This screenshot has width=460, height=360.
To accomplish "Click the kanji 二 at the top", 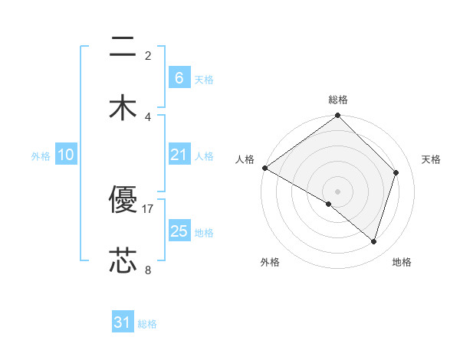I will pyautogui.click(x=123, y=48).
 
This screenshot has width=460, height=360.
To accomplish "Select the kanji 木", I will pyautogui.click(x=123, y=108).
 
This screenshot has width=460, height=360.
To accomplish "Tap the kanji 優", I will pyautogui.click(x=123, y=201).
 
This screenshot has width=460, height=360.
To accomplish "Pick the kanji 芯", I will pyautogui.click(x=123, y=261).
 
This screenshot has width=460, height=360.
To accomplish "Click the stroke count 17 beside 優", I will pyautogui.click(x=148, y=208).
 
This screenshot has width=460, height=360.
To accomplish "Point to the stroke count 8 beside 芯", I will pyautogui.click(x=148, y=270).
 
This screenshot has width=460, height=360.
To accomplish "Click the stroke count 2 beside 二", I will pyautogui.click(x=148, y=56).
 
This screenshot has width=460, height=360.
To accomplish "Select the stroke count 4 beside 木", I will pyautogui.click(x=148, y=116).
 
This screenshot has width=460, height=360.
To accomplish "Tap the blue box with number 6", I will pyautogui.click(x=179, y=78).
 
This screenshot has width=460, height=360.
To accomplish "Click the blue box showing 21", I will pyautogui.click(x=179, y=155).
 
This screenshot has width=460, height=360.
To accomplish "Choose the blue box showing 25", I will pyautogui.click(x=179, y=231).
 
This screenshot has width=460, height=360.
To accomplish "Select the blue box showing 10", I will pyautogui.click(x=65, y=155).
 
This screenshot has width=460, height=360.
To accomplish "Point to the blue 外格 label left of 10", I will pyautogui.click(x=41, y=156).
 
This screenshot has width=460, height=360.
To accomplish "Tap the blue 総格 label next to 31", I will pyautogui.click(x=147, y=324).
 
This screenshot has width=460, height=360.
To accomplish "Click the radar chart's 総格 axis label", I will pyautogui.click(x=338, y=100).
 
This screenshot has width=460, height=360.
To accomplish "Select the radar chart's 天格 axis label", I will pyautogui.click(x=432, y=159).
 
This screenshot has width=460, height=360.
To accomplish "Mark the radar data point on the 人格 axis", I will pyautogui.click(x=264, y=168).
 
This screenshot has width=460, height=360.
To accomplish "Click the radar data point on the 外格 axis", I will pyautogui.click(x=329, y=204).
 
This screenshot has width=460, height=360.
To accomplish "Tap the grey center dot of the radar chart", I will pyautogui.click(x=338, y=191).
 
